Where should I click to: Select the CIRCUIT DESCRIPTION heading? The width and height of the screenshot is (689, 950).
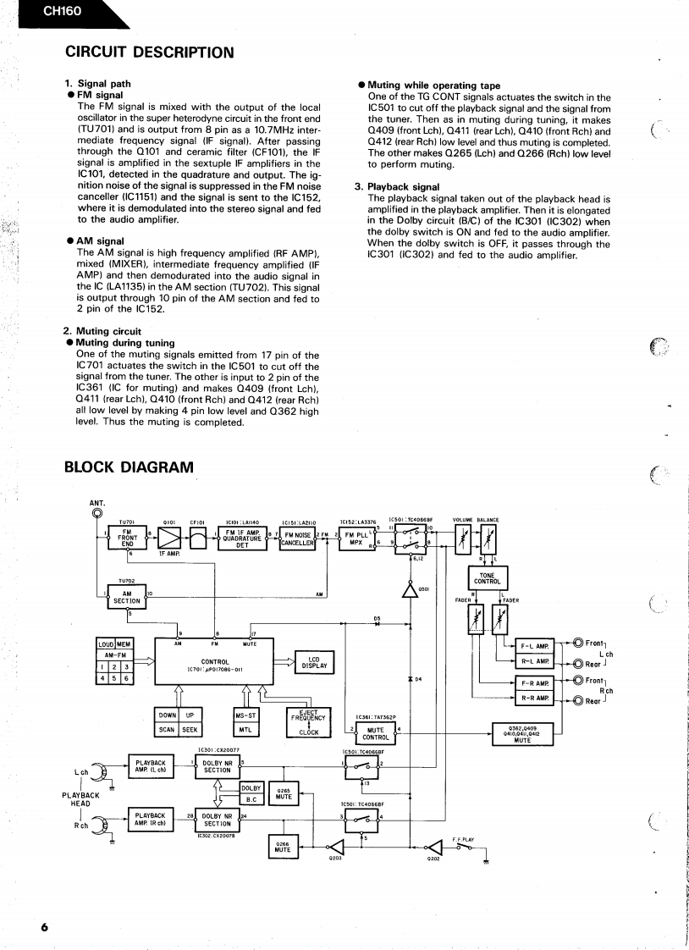tap(149, 52)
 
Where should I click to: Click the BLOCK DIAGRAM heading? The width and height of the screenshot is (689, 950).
tap(129, 467)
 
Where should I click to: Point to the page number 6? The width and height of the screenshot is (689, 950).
tap(44, 927)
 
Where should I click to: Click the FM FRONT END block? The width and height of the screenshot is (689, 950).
tap(128, 538)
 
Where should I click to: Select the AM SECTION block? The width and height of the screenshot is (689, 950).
tap(126, 597)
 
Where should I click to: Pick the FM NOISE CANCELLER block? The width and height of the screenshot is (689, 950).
tap(298, 539)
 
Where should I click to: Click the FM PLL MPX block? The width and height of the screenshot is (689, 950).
tap(361, 539)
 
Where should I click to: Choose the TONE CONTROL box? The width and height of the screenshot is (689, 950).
tap(487, 580)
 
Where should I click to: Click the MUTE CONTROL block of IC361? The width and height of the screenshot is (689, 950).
tap(375, 732)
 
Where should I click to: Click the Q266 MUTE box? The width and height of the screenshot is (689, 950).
tap(283, 848)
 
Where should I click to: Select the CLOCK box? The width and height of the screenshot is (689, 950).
tap(309, 732)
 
